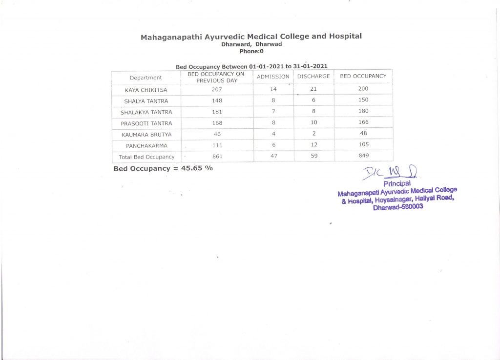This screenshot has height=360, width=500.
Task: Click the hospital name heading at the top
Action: pyautogui.click(x=251, y=37)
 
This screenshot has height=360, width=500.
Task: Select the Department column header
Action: pyautogui.click(x=146, y=78)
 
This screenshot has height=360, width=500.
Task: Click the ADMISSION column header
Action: pyautogui.click(x=273, y=77)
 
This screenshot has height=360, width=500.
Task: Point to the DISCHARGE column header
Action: pyautogui.click(x=313, y=77)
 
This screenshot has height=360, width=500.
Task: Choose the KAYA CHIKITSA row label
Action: pyautogui.click(x=146, y=90)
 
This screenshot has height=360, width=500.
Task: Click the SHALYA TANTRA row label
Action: pyautogui.click(x=146, y=101)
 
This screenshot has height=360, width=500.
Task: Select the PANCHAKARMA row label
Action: pyautogui.click(x=146, y=145)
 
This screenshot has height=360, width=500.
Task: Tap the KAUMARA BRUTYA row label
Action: pyautogui.click(x=146, y=134)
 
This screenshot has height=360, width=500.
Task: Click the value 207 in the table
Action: pyautogui.click(x=217, y=89)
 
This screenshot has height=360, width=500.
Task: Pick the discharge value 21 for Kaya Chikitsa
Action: pyautogui.click(x=313, y=89)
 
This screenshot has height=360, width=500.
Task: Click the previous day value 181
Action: pyautogui.click(x=217, y=112)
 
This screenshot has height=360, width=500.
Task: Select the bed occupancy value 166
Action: pyautogui.click(x=363, y=122)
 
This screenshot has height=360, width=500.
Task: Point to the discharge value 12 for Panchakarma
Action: pyautogui.click(x=313, y=145)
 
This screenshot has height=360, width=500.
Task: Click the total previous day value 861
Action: pyautogui.click(x=217, y=156)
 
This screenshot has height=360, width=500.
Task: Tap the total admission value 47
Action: pyautogui.click(x=273, y=156)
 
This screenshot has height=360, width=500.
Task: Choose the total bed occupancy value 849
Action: pyautogui.click(x=363, y=156)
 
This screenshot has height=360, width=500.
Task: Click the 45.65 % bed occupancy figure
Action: pyautogui.click(x=197, y=168)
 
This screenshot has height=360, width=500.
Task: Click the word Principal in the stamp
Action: pyautogui.click(x=397, y=184)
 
